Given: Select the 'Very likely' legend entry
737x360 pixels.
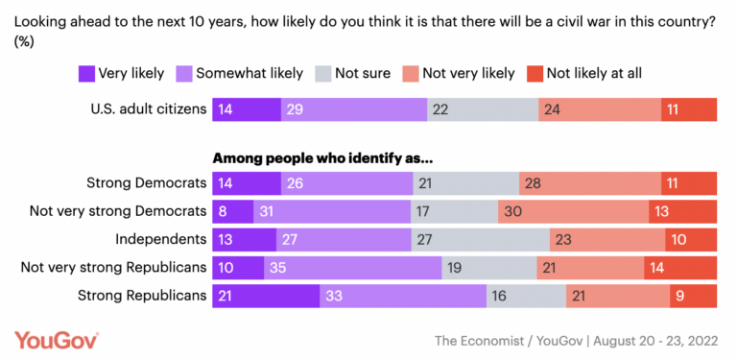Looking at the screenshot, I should coord(121,73).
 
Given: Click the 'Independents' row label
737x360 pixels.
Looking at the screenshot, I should coord(162,239).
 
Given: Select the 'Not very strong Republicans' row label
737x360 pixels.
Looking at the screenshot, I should coord(114,267).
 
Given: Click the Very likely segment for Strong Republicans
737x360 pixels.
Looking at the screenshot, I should coord(266,295).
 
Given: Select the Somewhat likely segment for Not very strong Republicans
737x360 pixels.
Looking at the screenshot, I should coord(352,267).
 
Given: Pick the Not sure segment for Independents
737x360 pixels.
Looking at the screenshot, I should coord(480,239).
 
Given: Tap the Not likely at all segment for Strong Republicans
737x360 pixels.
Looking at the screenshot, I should coord(695,295).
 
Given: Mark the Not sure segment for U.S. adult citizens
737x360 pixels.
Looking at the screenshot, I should coord(483,109).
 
